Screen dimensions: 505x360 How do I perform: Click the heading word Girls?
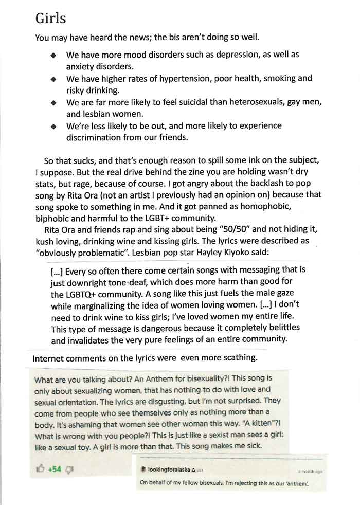(51, 18)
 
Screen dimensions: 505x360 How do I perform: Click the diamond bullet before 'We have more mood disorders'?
(53, 55)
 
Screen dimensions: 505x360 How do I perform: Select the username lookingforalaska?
(169, 470)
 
